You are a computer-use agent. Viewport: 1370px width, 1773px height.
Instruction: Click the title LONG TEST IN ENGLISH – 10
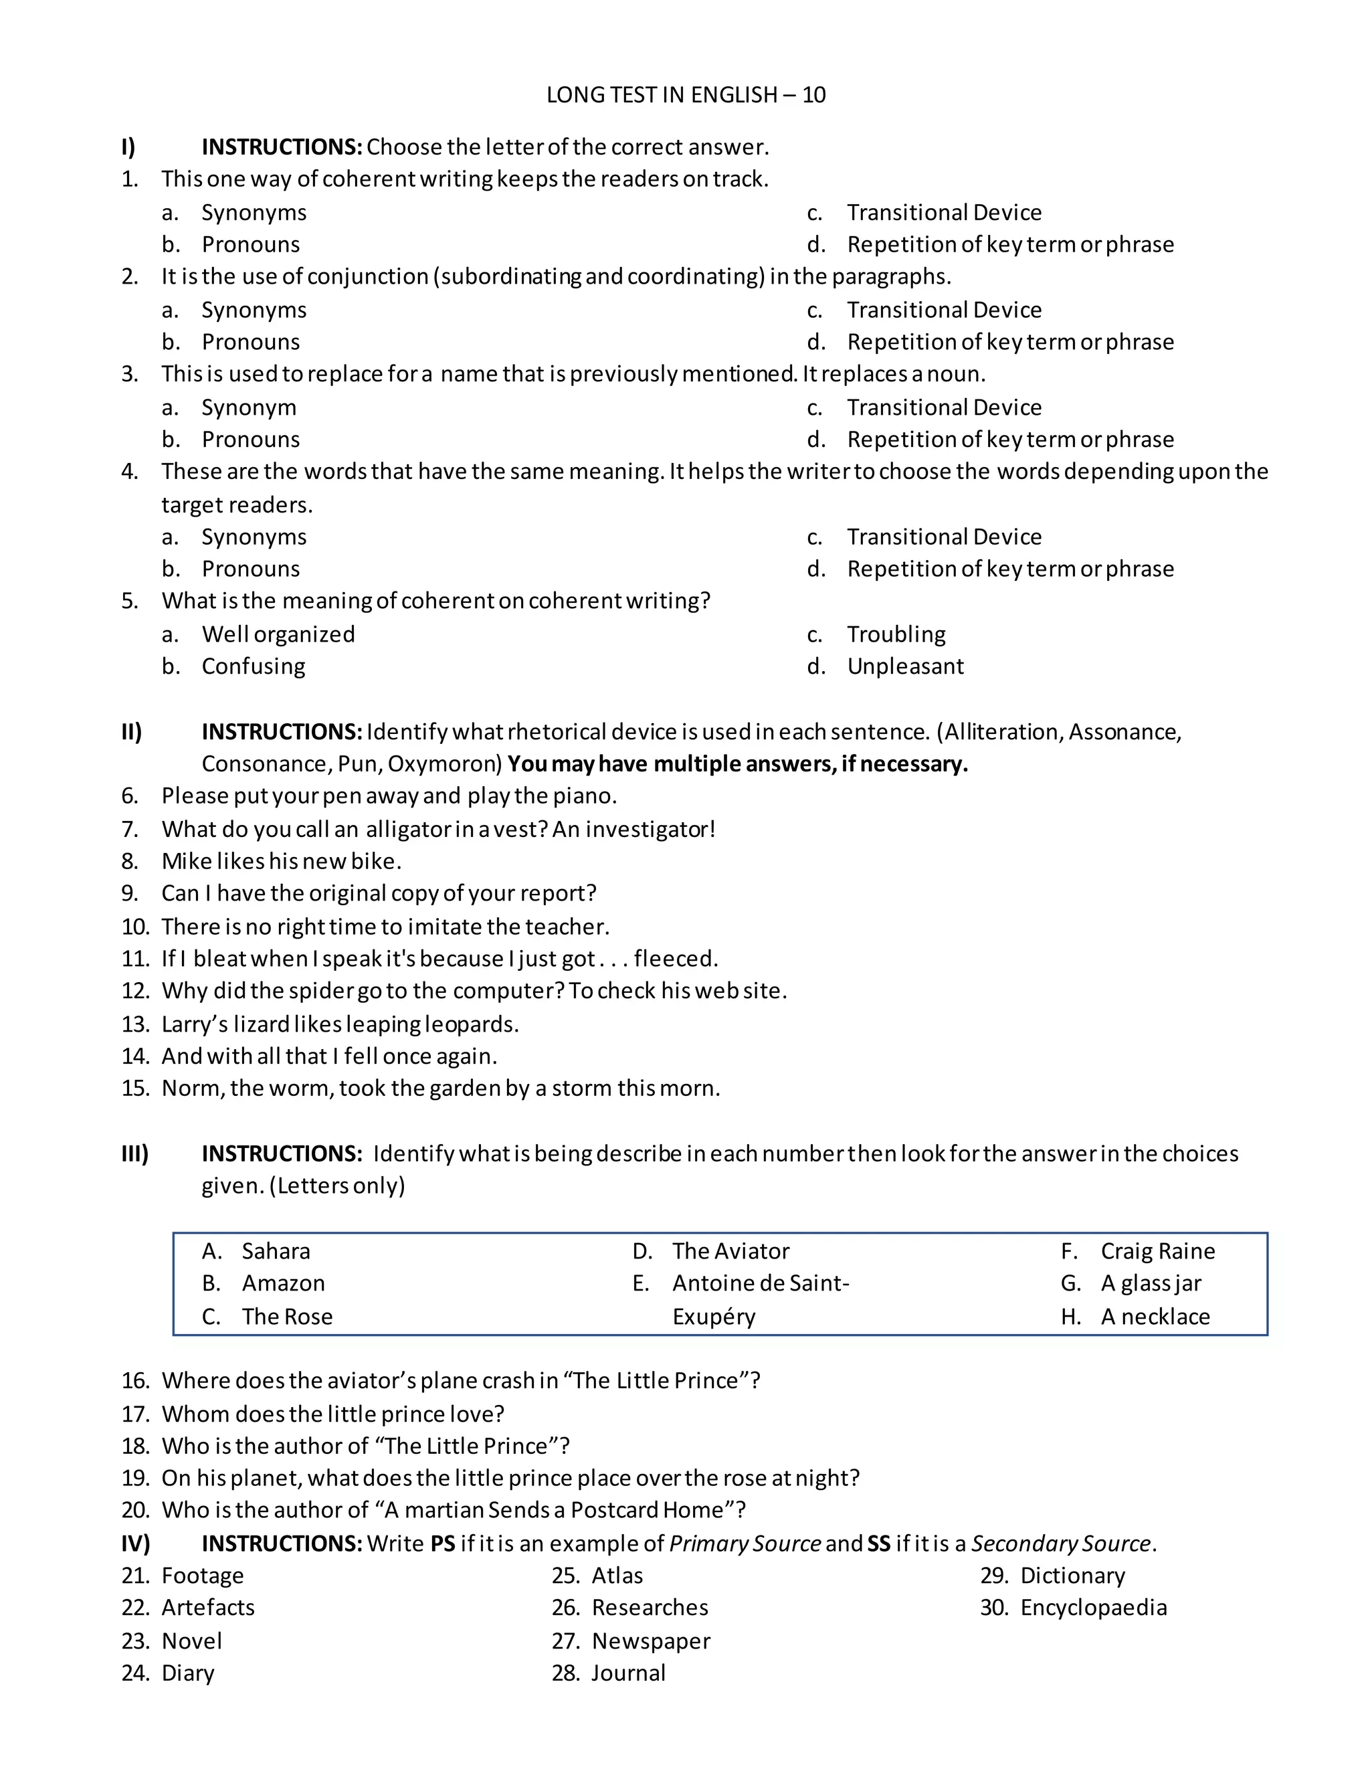click(686, 95)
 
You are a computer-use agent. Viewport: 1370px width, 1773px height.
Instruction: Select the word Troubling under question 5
click(896, 634)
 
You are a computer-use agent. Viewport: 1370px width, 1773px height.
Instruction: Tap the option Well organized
click(278, 634)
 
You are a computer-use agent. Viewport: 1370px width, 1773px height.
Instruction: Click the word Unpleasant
click(905, 666)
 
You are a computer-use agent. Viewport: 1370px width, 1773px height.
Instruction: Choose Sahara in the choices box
click(275, 1251)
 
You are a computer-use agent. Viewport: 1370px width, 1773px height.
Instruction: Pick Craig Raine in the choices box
click(1157, 1251)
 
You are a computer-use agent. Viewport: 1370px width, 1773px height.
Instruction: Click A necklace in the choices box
click(1154, 1316)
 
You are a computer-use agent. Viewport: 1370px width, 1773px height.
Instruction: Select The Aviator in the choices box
click(730, 1251)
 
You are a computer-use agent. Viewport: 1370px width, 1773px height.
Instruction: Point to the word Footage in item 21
click(202, 1576)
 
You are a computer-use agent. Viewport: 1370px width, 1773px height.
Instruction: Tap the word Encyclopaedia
click(1093, 1607)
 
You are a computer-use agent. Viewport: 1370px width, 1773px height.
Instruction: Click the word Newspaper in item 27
click(651, 1641)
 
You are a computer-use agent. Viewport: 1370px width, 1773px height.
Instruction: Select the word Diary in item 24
click(187, 1673)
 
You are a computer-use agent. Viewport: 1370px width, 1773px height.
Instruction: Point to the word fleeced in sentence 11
click(674, 959)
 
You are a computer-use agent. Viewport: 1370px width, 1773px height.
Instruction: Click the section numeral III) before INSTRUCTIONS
click(134, 1153)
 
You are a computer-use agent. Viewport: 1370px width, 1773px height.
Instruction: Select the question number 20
click(134, 1510)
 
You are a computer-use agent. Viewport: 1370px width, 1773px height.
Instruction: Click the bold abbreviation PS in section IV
click(442, 1544)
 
